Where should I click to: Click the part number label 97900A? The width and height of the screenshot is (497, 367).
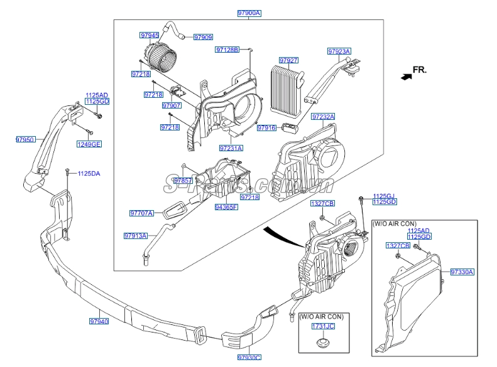tap(249, 13)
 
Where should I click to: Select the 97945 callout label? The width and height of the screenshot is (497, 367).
tap(150, 35)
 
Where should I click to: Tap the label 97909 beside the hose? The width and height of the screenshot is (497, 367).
tap(203, 38)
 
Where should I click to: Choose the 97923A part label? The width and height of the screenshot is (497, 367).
tap(339, 51)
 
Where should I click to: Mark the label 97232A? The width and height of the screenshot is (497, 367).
tap(323, 117)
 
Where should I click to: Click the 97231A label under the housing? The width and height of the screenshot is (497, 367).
tap(231, 149)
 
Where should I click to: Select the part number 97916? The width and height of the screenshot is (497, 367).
tap(266, 128)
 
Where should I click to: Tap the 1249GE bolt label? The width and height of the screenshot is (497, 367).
tap(89, 144)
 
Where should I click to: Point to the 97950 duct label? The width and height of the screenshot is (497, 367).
tap(26, 140)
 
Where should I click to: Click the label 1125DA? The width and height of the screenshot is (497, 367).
tap(89, 173)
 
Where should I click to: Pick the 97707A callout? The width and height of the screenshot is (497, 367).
tap(141, 213)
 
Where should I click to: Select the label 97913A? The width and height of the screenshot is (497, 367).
tap(135, 236)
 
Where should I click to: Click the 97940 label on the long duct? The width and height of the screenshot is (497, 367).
tap(99, 321)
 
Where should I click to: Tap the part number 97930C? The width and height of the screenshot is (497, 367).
tap(249, 357)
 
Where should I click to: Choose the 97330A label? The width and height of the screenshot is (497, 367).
tap(462, 272)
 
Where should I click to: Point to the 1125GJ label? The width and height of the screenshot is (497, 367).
tap(385, 196)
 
